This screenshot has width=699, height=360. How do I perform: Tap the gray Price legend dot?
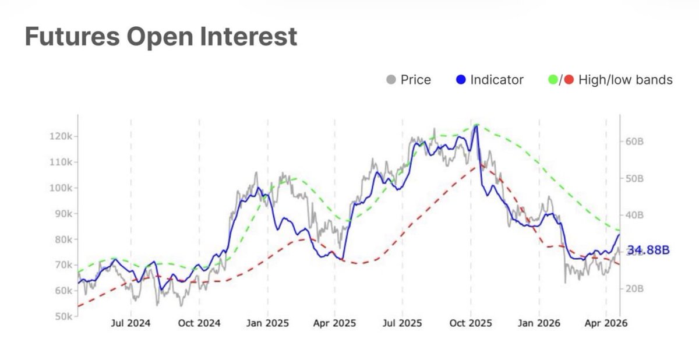point(391,80)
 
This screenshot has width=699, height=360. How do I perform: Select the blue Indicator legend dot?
point(461,80)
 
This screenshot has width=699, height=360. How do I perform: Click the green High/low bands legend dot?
point(553,80)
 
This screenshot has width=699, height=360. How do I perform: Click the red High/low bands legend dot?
point(569,80)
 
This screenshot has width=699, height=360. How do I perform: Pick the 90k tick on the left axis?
point(61,214)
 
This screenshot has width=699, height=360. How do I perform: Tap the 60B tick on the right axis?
point(634,141)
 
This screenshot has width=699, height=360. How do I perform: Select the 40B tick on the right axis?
point(634,215)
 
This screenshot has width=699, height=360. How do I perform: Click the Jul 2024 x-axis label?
point(130,323)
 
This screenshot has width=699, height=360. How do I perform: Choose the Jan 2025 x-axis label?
point(267,323)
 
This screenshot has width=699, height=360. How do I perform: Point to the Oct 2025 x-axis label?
point(471,323)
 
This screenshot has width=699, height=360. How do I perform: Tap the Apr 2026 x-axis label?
point(606,323)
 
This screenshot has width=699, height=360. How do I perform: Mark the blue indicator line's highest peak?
point(476,126)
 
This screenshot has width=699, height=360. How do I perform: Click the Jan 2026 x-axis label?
point(539,323)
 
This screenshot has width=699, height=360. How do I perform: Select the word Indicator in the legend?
point(497,80)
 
